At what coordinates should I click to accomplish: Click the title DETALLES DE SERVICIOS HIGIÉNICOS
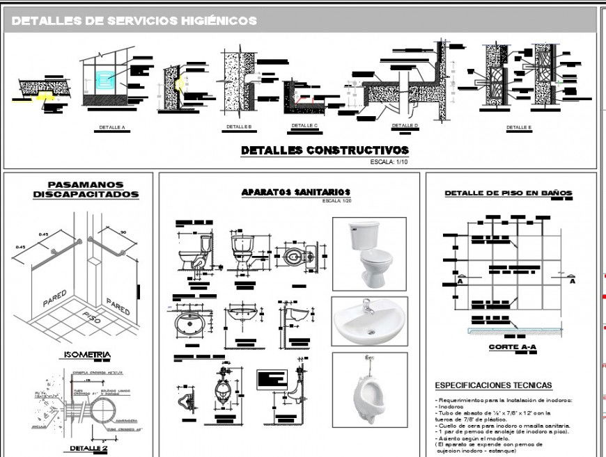pos(134,21)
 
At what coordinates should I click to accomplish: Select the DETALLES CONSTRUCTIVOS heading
pos(325,150)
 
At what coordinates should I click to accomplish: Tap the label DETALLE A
pos(111,128)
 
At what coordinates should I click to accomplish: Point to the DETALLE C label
pos(304,126)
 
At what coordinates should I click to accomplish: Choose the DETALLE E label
pos(518,128)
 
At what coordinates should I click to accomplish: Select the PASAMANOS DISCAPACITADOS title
pos(86,190)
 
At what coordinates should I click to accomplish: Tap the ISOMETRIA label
pos(87,355)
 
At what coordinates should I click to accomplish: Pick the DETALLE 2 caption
pos(88,449)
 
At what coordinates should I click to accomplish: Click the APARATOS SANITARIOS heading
pos(295,192)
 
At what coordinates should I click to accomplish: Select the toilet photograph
pos(369,254)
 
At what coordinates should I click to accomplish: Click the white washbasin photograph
pos(369,321)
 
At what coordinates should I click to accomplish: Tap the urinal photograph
pos(369,390)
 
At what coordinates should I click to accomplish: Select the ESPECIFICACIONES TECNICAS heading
pos(493,385)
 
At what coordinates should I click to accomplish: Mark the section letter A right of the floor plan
pos(573,281)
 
